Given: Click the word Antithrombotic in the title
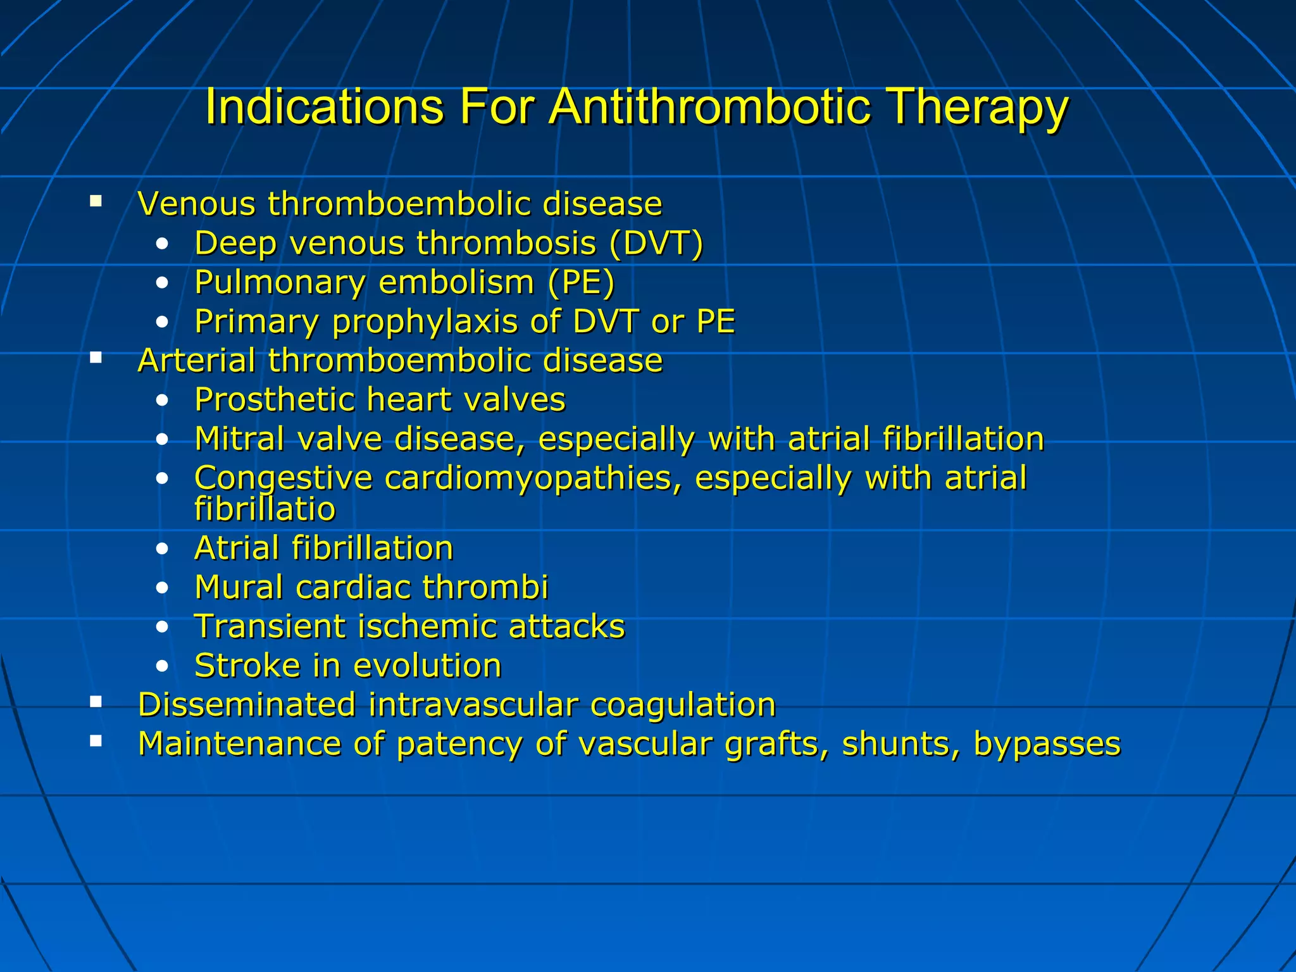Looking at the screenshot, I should coord(709,106).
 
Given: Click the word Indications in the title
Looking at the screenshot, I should coord(325,106).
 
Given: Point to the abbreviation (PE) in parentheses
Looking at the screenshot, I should coord(581,282).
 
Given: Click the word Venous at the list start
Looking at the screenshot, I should coord(197,204).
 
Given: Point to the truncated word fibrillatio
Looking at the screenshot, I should coord(265,509).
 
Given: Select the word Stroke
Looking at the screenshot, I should coord(247,666).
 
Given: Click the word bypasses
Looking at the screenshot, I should coord(1047,744).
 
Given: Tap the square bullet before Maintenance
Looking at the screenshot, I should coord(96,740).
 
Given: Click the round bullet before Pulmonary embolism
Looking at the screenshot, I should coord(163,283).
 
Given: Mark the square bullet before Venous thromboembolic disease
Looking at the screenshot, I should coord(96,202).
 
